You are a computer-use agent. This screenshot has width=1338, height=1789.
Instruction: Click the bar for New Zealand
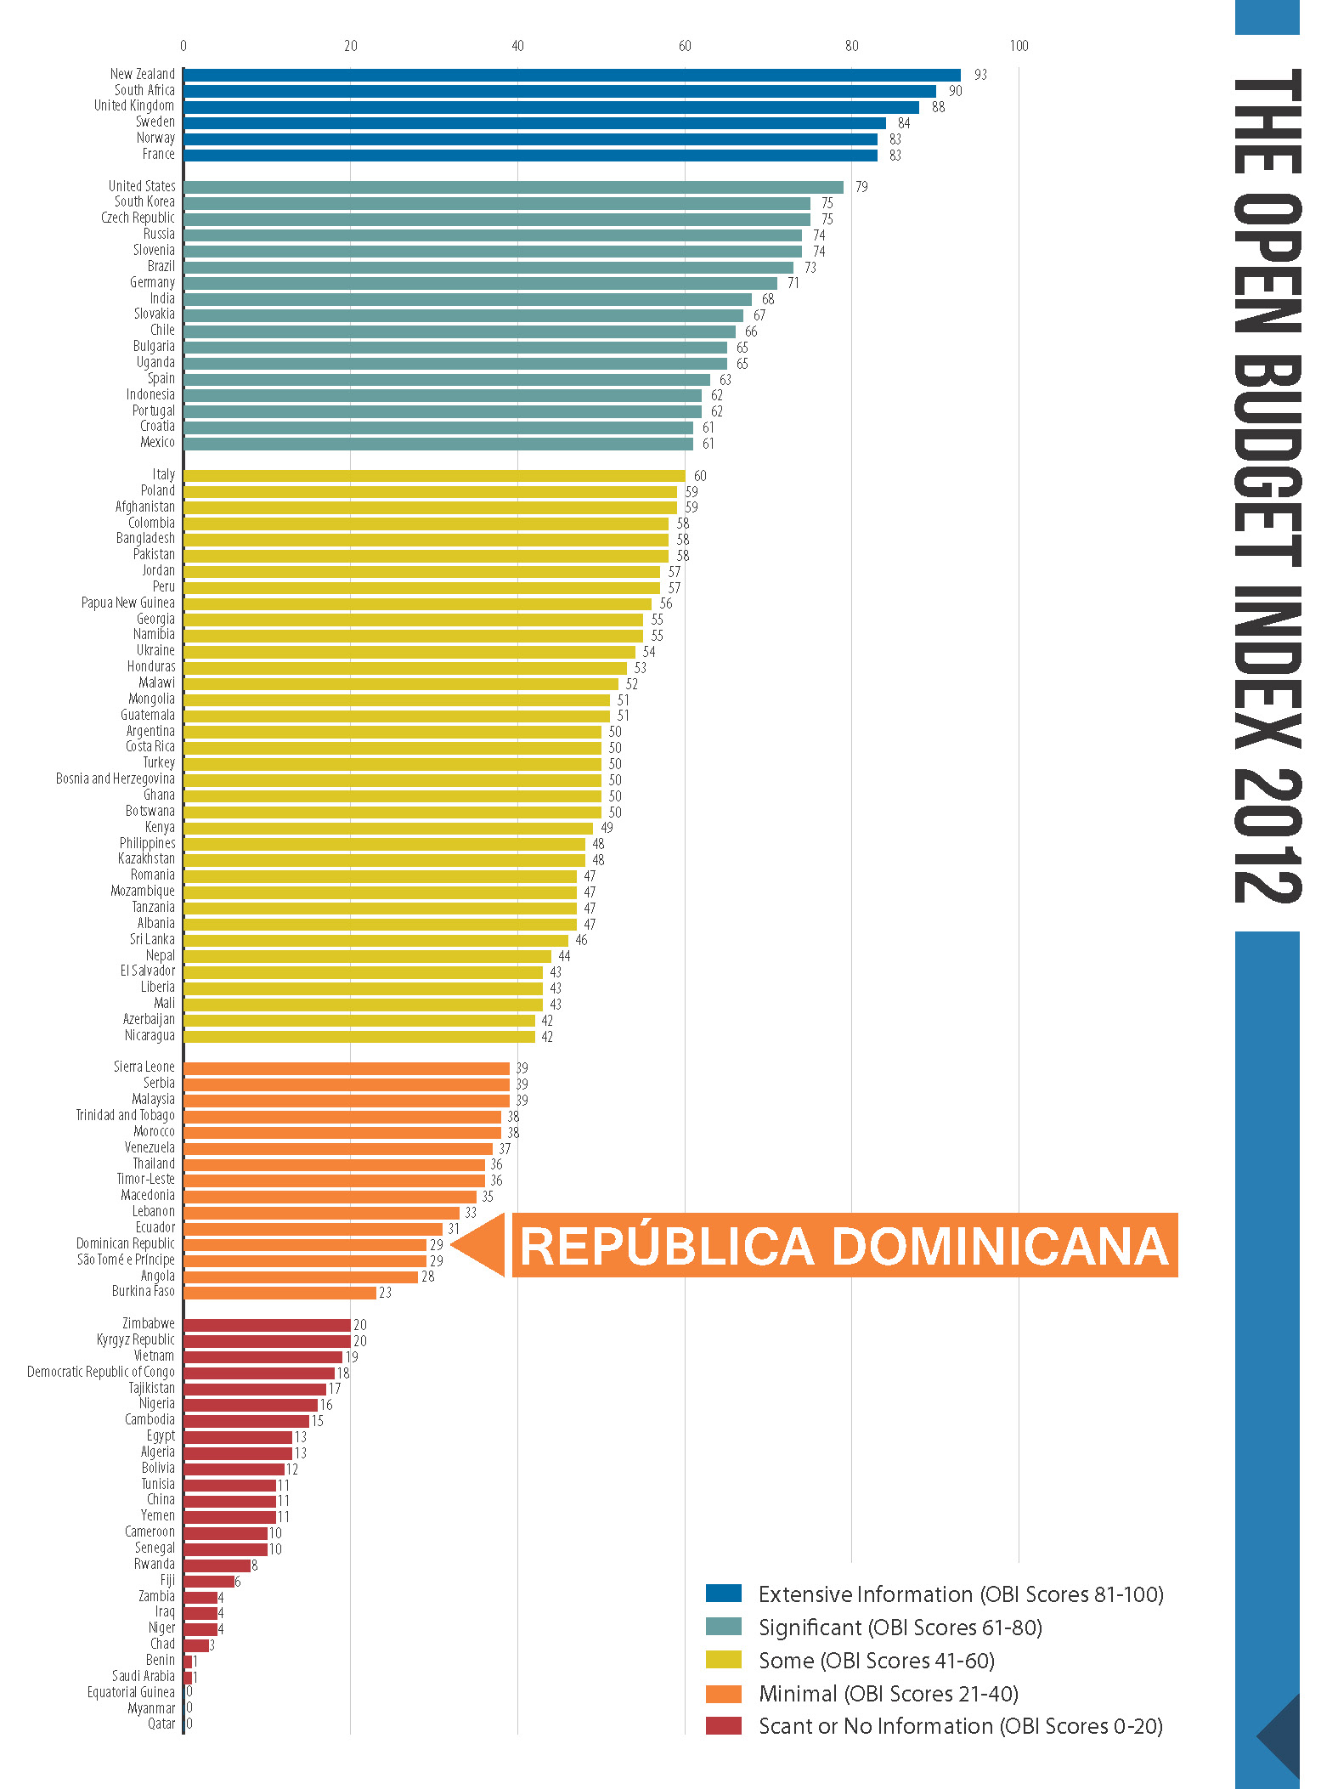571,75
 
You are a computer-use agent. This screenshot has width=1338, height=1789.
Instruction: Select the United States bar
513,187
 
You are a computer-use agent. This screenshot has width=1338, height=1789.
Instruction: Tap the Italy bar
433,476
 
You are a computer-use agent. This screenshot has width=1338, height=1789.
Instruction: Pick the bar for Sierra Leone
346,1068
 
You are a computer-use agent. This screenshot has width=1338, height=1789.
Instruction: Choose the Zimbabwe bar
267,1325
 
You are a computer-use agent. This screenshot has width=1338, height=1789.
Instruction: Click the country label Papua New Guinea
127,603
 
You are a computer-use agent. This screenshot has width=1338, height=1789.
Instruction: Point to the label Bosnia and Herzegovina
115,778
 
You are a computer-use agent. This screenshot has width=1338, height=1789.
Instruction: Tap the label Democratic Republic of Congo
100,1372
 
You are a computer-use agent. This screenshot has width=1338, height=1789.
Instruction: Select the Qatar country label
161,1724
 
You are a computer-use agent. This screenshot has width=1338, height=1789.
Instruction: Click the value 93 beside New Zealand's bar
980,75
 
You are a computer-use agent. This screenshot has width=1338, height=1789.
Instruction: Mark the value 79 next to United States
861,187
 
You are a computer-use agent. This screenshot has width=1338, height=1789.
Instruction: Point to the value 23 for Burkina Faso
385,1293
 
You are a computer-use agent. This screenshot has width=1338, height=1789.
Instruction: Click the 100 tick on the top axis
1019,46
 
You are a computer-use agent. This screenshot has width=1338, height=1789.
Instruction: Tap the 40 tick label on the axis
517,46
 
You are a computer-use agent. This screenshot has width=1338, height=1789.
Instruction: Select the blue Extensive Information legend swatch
723,1593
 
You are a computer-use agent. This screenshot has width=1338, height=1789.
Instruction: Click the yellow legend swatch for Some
723,1659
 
